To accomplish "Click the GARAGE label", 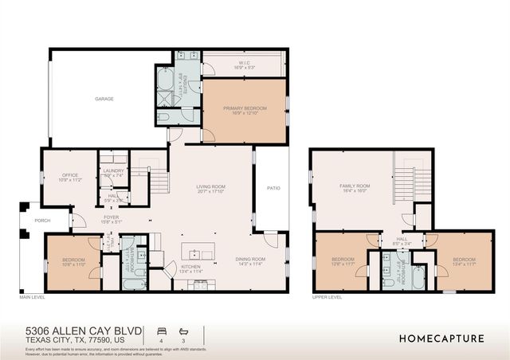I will pos(104,99).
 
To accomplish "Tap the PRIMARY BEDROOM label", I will pos(245,108).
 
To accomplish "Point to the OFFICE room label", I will pos(69,175).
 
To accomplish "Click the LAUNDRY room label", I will pos(114,170).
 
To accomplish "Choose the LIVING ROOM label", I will pos(212,186).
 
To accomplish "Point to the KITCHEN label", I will pos(190,266).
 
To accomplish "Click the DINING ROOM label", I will pos(250,257).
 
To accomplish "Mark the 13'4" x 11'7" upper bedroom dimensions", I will pos(464,264).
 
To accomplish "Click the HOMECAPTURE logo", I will pos(441,338).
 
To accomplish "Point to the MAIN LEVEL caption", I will pos(33,296).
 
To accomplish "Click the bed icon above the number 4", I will pos(162,329).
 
